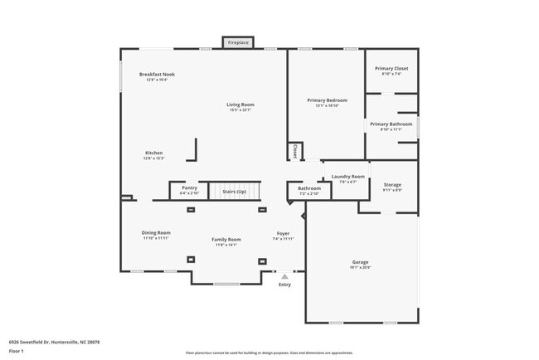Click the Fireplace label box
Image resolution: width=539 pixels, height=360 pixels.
click(x=237, y=41)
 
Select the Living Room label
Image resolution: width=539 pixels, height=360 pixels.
click(x=241, y=106)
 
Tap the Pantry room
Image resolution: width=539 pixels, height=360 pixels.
click(x=190, y=190)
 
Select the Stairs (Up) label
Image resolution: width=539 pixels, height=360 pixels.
click(x=234, y=192)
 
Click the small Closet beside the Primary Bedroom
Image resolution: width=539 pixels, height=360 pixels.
click(x=295, y=151)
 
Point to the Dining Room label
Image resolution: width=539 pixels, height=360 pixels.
click(x=156, y=234)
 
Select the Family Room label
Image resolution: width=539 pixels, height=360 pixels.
click(x=227, y=241)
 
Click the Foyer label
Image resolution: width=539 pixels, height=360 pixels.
click(x=283, y=236)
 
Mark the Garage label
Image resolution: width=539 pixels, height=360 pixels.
click(x=360, y=264)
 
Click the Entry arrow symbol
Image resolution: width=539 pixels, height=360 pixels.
click(x=284, y=276)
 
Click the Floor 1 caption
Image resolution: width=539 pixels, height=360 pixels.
click(x=17, y=352)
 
